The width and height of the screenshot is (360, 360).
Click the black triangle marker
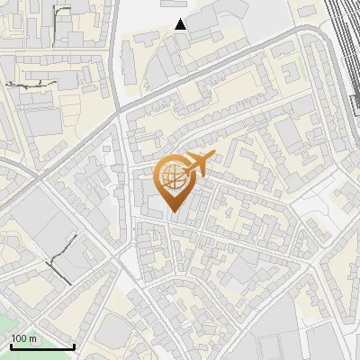[x=181, y=24]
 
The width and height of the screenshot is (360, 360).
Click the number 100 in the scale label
[x=18, y=338]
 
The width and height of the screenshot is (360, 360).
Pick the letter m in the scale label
[x=33, y=338]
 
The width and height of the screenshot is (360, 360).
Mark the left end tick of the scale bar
[x=11, y=346]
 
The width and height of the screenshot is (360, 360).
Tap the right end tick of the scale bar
[x=74, y=346]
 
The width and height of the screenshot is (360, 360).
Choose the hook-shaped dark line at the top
[x=61, y=14]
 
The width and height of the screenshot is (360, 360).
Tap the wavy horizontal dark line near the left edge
[x=31, y=84]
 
